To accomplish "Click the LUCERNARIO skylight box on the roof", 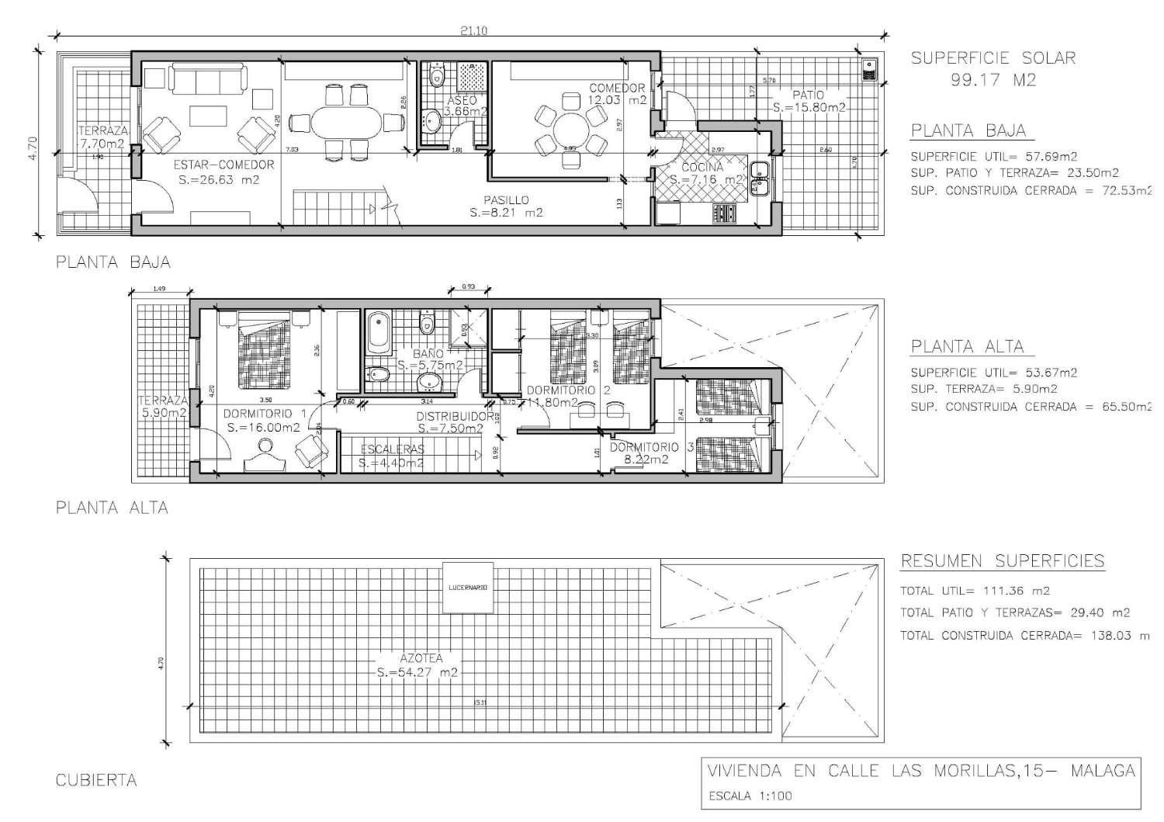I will tap(468, 588).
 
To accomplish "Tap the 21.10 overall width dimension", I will tap(473, 32).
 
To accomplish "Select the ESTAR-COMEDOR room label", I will tap(223, 165).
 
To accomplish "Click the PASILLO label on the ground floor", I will tap(506, 200).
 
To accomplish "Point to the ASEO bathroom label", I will tap(462, 101).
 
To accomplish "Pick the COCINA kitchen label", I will tap(702, 167).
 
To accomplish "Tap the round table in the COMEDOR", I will tap(570, 129).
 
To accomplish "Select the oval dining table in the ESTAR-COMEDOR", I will tap(347, 123).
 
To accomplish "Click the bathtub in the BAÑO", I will tap(379, 330).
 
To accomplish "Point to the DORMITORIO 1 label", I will tap(265, 414).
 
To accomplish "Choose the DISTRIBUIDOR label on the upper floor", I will tap(455, 417).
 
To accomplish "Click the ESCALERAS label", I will tap(392, 449).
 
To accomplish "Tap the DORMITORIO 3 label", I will tap(651, 447).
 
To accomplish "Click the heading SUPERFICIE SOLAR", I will tap(993, 58).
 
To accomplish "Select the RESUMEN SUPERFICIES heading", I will tap(1002, 561).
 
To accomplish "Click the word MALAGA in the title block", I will tap(1103, 771).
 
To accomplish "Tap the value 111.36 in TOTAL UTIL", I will tap(995, 591).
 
